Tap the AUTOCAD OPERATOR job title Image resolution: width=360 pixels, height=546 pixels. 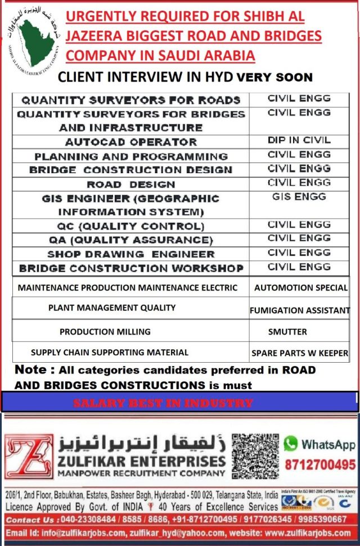coord(130,142)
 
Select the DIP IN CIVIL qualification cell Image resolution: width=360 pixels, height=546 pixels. coord(299,141)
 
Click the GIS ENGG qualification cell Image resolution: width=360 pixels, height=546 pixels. coord(299,197)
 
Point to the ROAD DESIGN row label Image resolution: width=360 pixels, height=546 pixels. coord(130,184)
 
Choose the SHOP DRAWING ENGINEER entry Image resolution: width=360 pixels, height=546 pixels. coord(130,254)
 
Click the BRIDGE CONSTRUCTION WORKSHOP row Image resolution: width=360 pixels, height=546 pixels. coord(130,268)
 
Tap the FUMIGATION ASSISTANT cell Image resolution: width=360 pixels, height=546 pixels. coord(299,310)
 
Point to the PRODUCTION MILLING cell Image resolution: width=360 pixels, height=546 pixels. coord(105,332)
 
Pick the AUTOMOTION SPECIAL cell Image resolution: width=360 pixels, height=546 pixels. coord(300,288)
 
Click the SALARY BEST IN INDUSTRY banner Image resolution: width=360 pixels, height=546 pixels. coord(163,403)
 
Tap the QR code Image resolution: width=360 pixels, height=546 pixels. coord(255,456)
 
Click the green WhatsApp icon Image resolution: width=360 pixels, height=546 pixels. coord(290,444)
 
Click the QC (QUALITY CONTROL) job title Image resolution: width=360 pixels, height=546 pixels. coord(130,226)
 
